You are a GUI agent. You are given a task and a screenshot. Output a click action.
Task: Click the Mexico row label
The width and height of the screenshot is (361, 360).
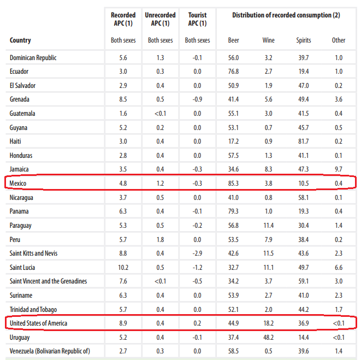tap(19, 183)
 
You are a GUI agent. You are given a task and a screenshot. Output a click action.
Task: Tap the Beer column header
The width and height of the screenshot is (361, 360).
tap(234, 40)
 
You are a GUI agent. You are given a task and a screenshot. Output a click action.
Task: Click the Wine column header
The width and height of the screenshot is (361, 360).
tap(268, 40)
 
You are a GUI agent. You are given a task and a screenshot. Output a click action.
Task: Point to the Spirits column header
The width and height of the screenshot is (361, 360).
tap(303, 40)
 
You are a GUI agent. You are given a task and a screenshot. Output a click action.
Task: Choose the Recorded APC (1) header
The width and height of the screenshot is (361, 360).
tap(122, 19)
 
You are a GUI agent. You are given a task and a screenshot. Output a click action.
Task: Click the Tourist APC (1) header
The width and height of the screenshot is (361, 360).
tap(197, 19)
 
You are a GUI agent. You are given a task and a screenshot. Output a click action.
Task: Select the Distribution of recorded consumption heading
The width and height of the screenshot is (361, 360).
tap(286, 15)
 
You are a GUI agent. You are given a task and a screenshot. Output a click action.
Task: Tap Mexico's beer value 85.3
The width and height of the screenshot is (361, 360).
tap(234, 183)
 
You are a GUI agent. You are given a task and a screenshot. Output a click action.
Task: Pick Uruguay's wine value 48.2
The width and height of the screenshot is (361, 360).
tap(268, 338)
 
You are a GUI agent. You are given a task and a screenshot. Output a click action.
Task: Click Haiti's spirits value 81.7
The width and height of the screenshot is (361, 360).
tap(303, 141)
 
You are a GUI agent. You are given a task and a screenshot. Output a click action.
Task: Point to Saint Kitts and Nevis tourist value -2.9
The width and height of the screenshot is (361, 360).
tap(197, 253)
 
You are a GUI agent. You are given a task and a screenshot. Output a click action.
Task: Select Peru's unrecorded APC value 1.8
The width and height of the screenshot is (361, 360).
tap(160, 239)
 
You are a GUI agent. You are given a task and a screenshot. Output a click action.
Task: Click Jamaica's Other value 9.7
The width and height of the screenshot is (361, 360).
tap(339, 169)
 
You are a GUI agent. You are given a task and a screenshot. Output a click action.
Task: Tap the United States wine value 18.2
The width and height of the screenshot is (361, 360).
tap(268, 323)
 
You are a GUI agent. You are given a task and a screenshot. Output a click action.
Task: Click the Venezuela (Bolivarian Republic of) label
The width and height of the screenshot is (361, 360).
tap(50, 351)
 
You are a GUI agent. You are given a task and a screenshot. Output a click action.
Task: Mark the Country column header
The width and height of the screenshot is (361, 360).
tap(20, 40)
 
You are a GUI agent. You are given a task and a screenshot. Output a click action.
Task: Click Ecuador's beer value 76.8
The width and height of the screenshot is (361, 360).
tap(234, 71)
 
